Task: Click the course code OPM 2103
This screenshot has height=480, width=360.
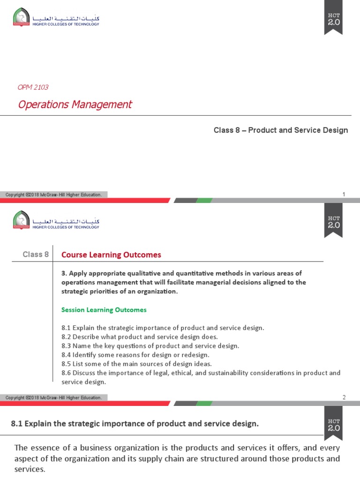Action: (x=33, y=87)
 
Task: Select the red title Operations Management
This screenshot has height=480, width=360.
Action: (x=75, y=104)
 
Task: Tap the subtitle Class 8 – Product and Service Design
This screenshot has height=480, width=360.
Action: (x=281, y=130)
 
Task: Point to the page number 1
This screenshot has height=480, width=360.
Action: (x=344, y=194)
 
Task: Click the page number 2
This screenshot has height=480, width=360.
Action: (x=344, y=397)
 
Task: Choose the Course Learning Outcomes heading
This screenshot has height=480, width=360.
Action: (x=111, y=255)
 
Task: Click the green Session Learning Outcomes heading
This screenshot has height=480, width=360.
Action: (x=104, y=309)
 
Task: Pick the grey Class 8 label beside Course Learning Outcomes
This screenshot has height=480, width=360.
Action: (x=36, y=255)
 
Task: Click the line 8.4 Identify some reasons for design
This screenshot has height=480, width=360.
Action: (x=135, y=354)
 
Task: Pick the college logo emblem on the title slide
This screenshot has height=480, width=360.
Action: (x=20, y=19)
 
